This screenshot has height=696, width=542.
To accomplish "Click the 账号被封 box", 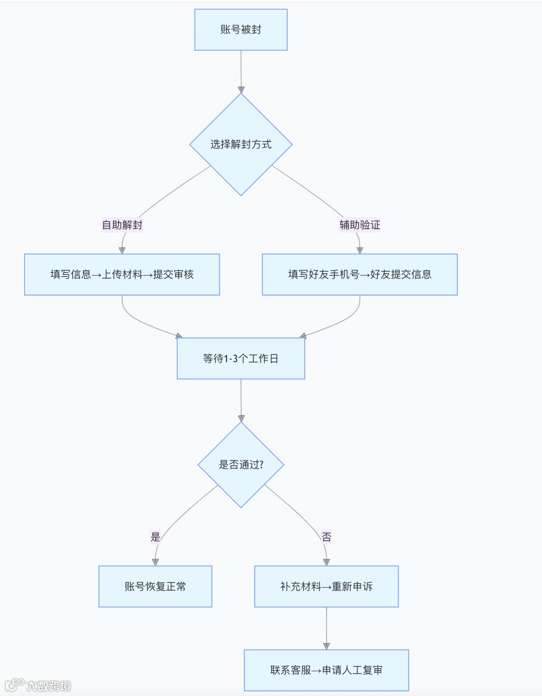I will point(241,29).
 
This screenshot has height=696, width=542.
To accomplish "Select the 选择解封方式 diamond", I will point(241,144).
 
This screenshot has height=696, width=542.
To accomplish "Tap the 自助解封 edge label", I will point(122,225).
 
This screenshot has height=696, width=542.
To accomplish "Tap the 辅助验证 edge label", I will point(360,225).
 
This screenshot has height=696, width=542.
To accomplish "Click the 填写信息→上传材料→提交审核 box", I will point(122,274).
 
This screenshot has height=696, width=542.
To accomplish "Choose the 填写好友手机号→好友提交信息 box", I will point(360,274).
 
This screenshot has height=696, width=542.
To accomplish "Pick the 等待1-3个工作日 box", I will point(241,359).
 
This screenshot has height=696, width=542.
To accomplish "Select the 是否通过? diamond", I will point(241,465).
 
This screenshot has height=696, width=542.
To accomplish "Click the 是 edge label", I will point(155,537).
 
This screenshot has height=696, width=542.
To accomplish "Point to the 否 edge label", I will point(326,537).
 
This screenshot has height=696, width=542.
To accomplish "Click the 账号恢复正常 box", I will point(155,586).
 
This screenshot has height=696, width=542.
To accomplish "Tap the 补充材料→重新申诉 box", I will point(326,586).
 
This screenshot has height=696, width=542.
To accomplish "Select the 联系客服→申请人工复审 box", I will point(326,670).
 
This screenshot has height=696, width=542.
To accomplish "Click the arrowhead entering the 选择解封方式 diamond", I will point(241,90).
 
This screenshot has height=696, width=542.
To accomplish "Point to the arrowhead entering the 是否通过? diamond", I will point(241,419).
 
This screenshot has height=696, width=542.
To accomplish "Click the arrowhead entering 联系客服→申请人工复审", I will point(326,645).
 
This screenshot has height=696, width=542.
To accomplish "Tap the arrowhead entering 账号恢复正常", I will point(155,562).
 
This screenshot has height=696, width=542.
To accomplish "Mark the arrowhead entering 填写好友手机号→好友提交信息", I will point(360,250).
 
